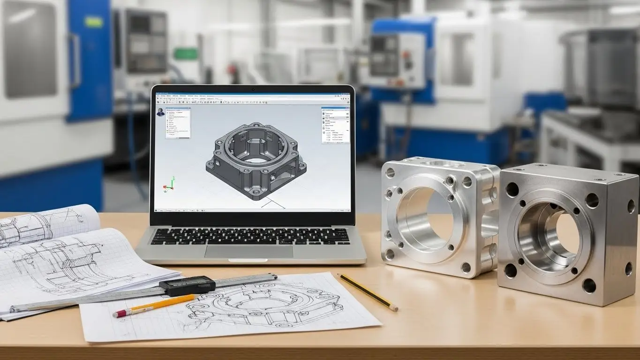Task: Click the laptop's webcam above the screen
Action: (253, 89)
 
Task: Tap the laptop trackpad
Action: (248, 251)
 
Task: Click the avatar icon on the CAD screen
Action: (161, 112)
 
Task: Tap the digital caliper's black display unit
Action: (187, 285)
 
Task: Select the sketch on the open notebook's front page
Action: (70, 262)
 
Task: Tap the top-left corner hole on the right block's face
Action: (512, 189)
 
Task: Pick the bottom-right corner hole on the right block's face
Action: (589, 285)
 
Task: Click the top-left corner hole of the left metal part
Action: (390, 173)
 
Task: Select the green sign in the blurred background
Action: (186, 54)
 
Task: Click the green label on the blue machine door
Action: (93, 22)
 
